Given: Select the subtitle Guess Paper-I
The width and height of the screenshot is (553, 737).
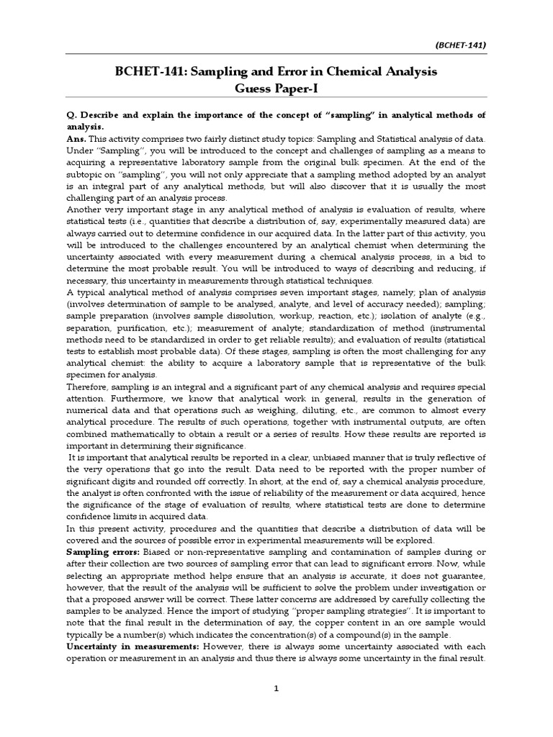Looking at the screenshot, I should [276, 89].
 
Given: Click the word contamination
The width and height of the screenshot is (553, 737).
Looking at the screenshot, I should [343, 551].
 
